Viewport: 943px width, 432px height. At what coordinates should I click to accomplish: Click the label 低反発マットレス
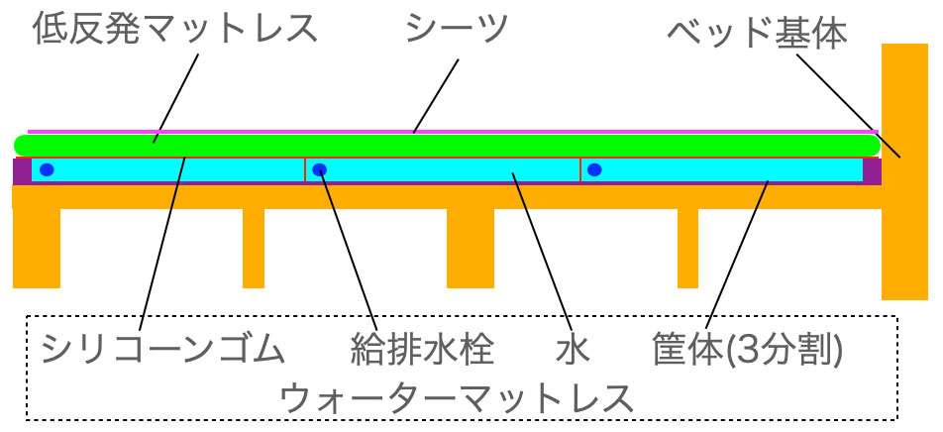click(175, 31)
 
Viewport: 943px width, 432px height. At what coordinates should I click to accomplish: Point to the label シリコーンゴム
click(163, 349)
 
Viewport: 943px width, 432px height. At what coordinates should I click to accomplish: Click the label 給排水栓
click(422, 349)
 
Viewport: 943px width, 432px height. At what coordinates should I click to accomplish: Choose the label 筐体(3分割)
click(748, 349)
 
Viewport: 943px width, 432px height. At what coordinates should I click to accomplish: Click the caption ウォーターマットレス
click(457, 398)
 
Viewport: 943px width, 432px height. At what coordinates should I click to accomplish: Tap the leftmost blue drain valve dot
click(47, 169)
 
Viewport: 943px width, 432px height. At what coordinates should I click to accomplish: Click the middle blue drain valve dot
click(320, 169)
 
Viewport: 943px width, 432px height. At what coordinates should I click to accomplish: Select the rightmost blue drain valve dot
click(594, 169)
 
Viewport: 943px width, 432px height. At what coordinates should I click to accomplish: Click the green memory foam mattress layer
click(446, 145)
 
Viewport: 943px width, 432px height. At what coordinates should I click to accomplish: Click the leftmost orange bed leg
click(37, 248)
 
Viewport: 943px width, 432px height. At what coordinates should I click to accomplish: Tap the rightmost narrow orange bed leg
click(687, 248)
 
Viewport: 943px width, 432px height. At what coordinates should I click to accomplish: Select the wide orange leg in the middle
click(470, 248)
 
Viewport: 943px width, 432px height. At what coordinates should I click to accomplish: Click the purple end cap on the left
click(21, 170)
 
